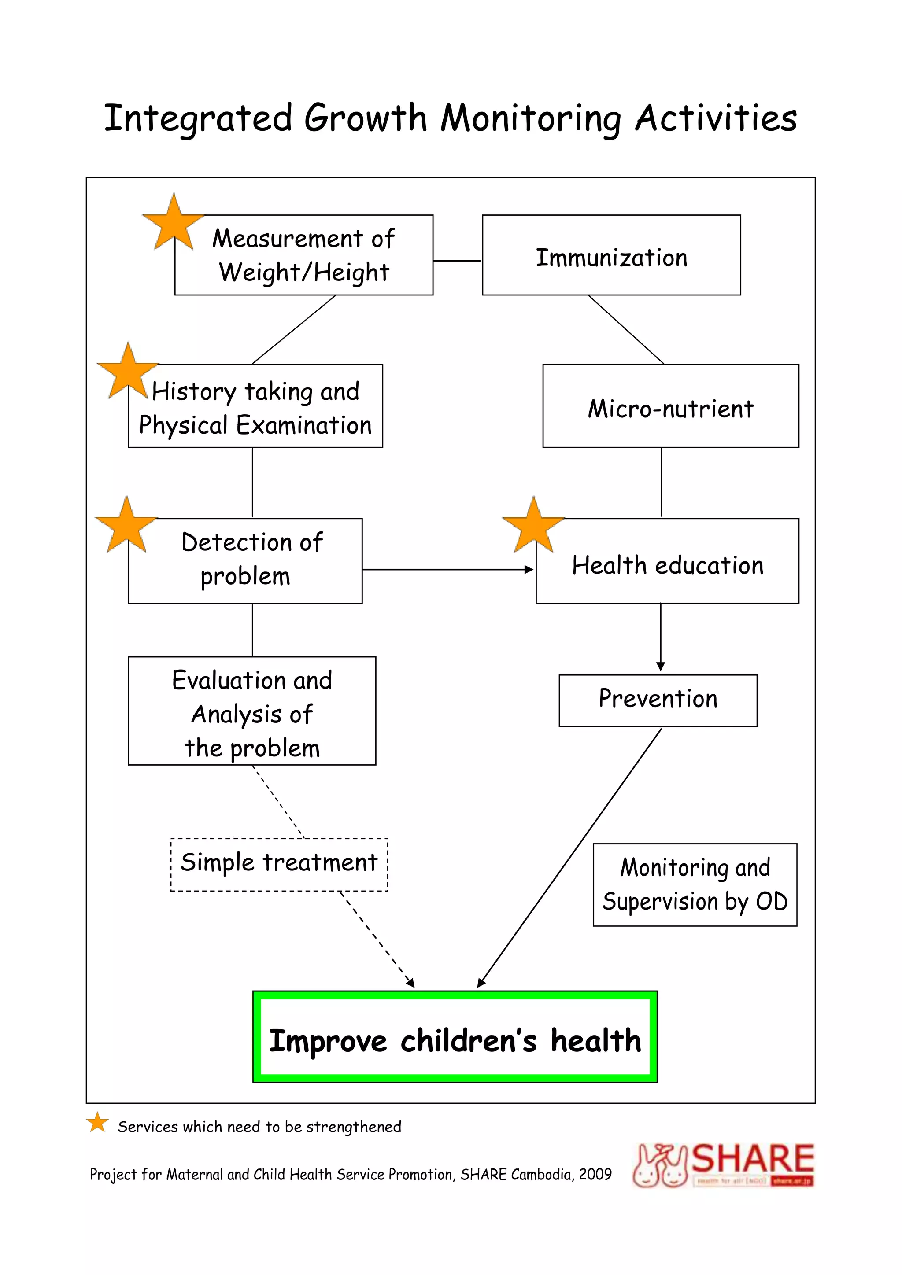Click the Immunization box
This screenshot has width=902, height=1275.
point(611,255)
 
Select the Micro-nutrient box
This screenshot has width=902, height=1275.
point(670,406)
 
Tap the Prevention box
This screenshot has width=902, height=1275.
point(658,700)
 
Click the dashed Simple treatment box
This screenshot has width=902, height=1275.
point(279,865)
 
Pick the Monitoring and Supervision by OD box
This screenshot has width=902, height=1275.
point(695,884)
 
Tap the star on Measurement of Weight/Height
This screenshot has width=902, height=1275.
point(173,223)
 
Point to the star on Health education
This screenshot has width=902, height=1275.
point(532,526)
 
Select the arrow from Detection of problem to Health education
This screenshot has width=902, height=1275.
point(447,569)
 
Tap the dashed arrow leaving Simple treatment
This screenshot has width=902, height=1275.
point(378,939)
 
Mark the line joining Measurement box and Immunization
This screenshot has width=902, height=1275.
point(457,261)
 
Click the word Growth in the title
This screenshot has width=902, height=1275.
point(365,118)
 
